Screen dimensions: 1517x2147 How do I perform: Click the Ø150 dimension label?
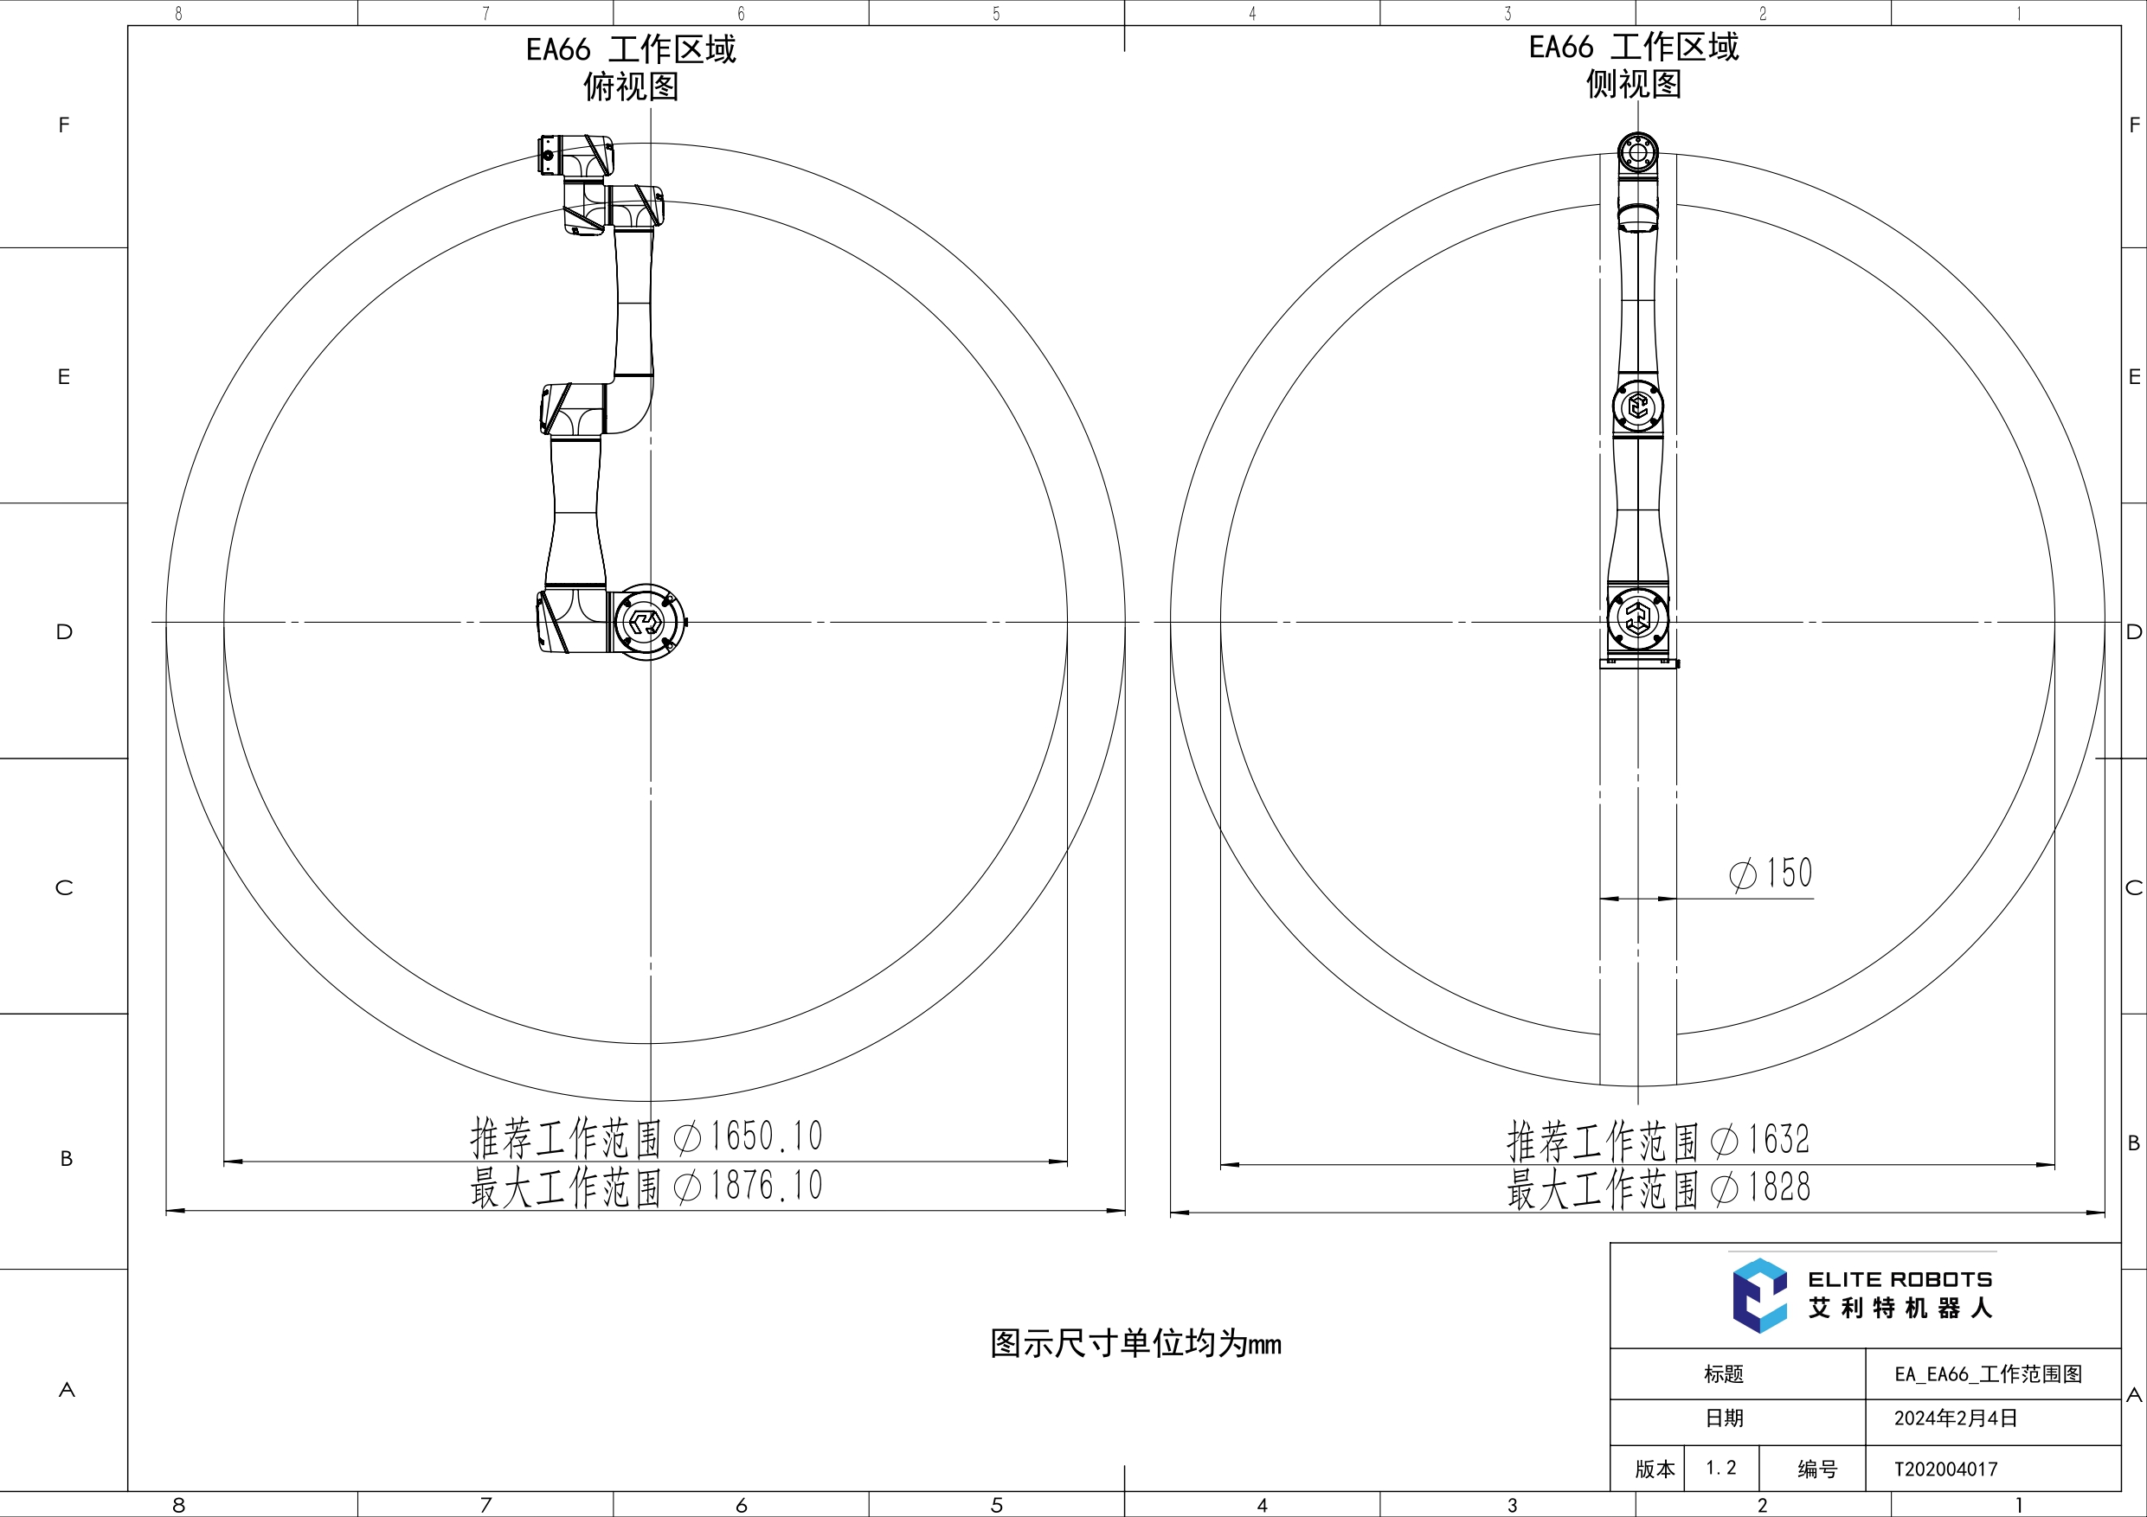1771,874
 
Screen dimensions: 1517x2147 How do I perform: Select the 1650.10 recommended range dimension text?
765,1136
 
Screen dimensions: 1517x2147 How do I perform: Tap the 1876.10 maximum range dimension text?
765,1186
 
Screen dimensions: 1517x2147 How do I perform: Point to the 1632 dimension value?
1777,1139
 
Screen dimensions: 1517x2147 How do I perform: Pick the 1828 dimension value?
1778,1188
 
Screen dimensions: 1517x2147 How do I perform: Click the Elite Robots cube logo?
1759,1295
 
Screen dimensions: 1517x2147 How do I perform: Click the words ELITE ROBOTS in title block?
1900,1278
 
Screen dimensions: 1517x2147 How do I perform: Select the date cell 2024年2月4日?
1955,1418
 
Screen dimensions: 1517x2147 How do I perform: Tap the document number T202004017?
1946,1469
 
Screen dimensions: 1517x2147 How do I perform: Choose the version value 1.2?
1720,1468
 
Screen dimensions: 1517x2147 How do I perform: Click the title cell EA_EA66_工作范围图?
1988,1374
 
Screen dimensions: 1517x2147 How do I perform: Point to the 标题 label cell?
1723,1374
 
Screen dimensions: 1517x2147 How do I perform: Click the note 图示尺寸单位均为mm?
1135,1344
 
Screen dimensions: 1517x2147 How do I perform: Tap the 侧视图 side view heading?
1633,84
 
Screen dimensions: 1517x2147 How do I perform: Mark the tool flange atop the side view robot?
1637,151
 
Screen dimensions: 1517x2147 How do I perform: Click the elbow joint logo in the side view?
1637,406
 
